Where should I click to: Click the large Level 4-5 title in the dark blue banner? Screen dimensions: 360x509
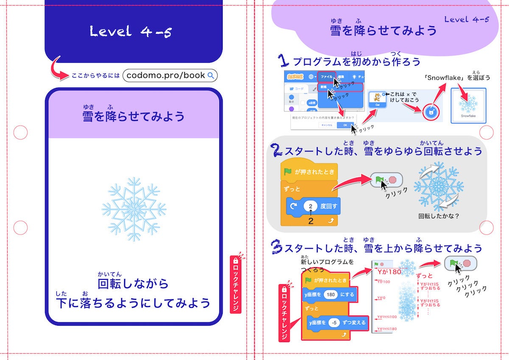tap(131, 31)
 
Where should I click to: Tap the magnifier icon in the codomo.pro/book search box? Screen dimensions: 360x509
tap(211, 75)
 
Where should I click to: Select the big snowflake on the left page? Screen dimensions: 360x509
tap(134, 209)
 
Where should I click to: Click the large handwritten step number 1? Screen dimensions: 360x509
tap(283, 61)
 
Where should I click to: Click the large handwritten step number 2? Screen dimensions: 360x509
tap(277, 151)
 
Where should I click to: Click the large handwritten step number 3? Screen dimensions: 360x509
tap(277, 247)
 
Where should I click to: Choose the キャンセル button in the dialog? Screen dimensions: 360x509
tap(327, 125)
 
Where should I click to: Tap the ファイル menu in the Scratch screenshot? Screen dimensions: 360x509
tap(326, 77)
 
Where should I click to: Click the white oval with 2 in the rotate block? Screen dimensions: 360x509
tap(310, 207)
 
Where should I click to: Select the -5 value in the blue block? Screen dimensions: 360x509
tap(335, 323)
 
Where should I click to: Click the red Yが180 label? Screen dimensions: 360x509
tap(389, 272)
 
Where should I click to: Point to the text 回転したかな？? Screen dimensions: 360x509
tap(439, 216)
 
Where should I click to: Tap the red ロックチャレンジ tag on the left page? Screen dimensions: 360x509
tap(235, 284)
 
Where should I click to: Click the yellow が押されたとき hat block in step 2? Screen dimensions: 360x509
tap(309, 172)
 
